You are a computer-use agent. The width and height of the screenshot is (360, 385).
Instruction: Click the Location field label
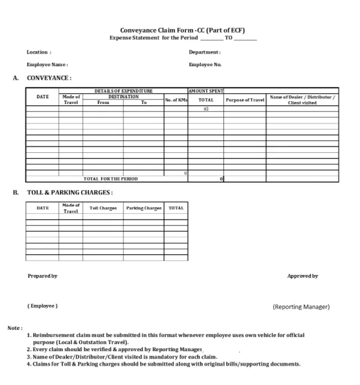pyautogui.click(x=39, y=52)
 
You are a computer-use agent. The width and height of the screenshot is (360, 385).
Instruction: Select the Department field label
pyautogui.click(x=204, y=52)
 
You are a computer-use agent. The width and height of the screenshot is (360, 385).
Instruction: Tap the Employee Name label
pyautogui.click(x=47, y=64)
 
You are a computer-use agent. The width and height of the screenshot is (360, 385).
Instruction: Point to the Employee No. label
pyautogui.click(x=205, y=64)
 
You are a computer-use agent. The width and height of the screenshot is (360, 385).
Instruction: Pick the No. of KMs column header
pyautogui.click(x=176, y=100)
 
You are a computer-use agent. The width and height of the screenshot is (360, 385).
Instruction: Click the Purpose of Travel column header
pyautogui.click(x=244, y=100)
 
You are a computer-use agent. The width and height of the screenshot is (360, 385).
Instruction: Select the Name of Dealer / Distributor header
pyautogui.click(x=302, y=99)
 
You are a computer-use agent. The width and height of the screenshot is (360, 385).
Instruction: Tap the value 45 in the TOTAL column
pyautogui.click(x=206, y=109)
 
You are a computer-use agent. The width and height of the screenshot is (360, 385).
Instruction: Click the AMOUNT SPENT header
pyautogui.click(x=206, y=91)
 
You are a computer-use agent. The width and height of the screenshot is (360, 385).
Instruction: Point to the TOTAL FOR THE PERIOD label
pyautogui.click(x=111, y=179)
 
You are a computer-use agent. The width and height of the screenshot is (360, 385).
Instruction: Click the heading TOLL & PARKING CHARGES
pyautogui.click(x=70, y=193)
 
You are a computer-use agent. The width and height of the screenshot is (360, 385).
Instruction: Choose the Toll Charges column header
pyautogui.click(x=103, y=208)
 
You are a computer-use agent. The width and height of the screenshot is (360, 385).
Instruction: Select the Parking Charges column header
pyautogui.click(x=144, y=208)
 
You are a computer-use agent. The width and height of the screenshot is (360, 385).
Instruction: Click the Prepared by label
pyautogui.click(x=42, y=276)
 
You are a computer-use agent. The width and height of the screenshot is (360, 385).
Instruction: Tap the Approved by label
pyautogui.click(x=302, y=276)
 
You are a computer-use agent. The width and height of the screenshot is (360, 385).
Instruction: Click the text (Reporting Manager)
pyautogui.click(x=301, y=307)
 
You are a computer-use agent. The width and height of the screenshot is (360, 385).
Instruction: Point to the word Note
pyautogui.click(x=14, y=328)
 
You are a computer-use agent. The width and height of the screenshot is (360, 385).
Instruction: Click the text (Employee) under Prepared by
pyautogui.click(x=42, y=306)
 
